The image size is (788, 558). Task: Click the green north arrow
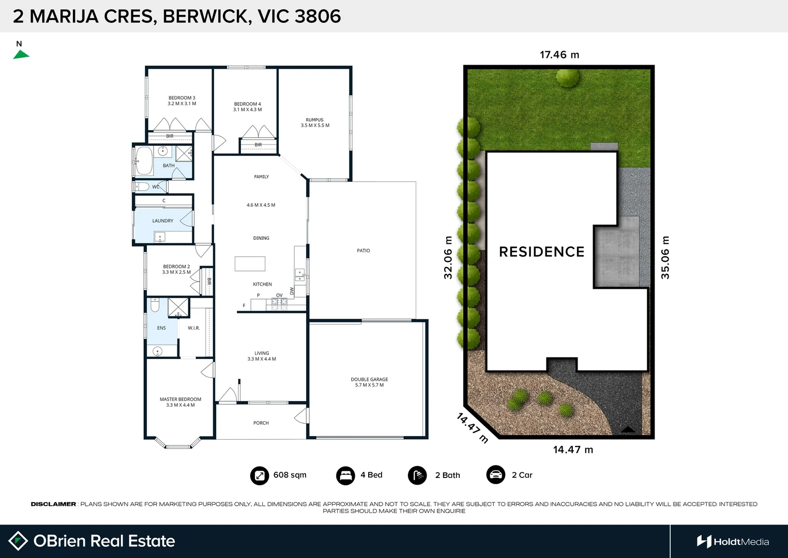[21, 55]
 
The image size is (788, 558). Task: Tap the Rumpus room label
[314, 120]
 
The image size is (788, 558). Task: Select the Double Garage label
[369, 379]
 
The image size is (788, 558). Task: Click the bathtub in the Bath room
[144, 161]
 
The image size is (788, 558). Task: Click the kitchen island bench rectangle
[250, 263]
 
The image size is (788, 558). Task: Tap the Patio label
[363, 251]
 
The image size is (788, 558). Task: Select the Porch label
[261, 423]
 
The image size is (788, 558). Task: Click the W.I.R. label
[194, 328]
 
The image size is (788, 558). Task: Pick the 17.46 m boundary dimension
[559, 55]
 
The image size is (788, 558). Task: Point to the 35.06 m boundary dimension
[665, 258]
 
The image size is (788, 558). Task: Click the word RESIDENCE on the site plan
[542, 252]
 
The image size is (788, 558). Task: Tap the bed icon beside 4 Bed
[345, 475]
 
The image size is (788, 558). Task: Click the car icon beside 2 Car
[496, 475]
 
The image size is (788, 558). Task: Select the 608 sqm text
[290, 475]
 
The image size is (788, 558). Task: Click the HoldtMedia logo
[733, 541]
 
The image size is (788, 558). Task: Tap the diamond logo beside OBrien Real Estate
[18, 541]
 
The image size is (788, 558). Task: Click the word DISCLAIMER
[53, 504]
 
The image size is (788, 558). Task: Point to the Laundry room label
[162, 221]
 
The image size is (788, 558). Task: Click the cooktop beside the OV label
[279, 304]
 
